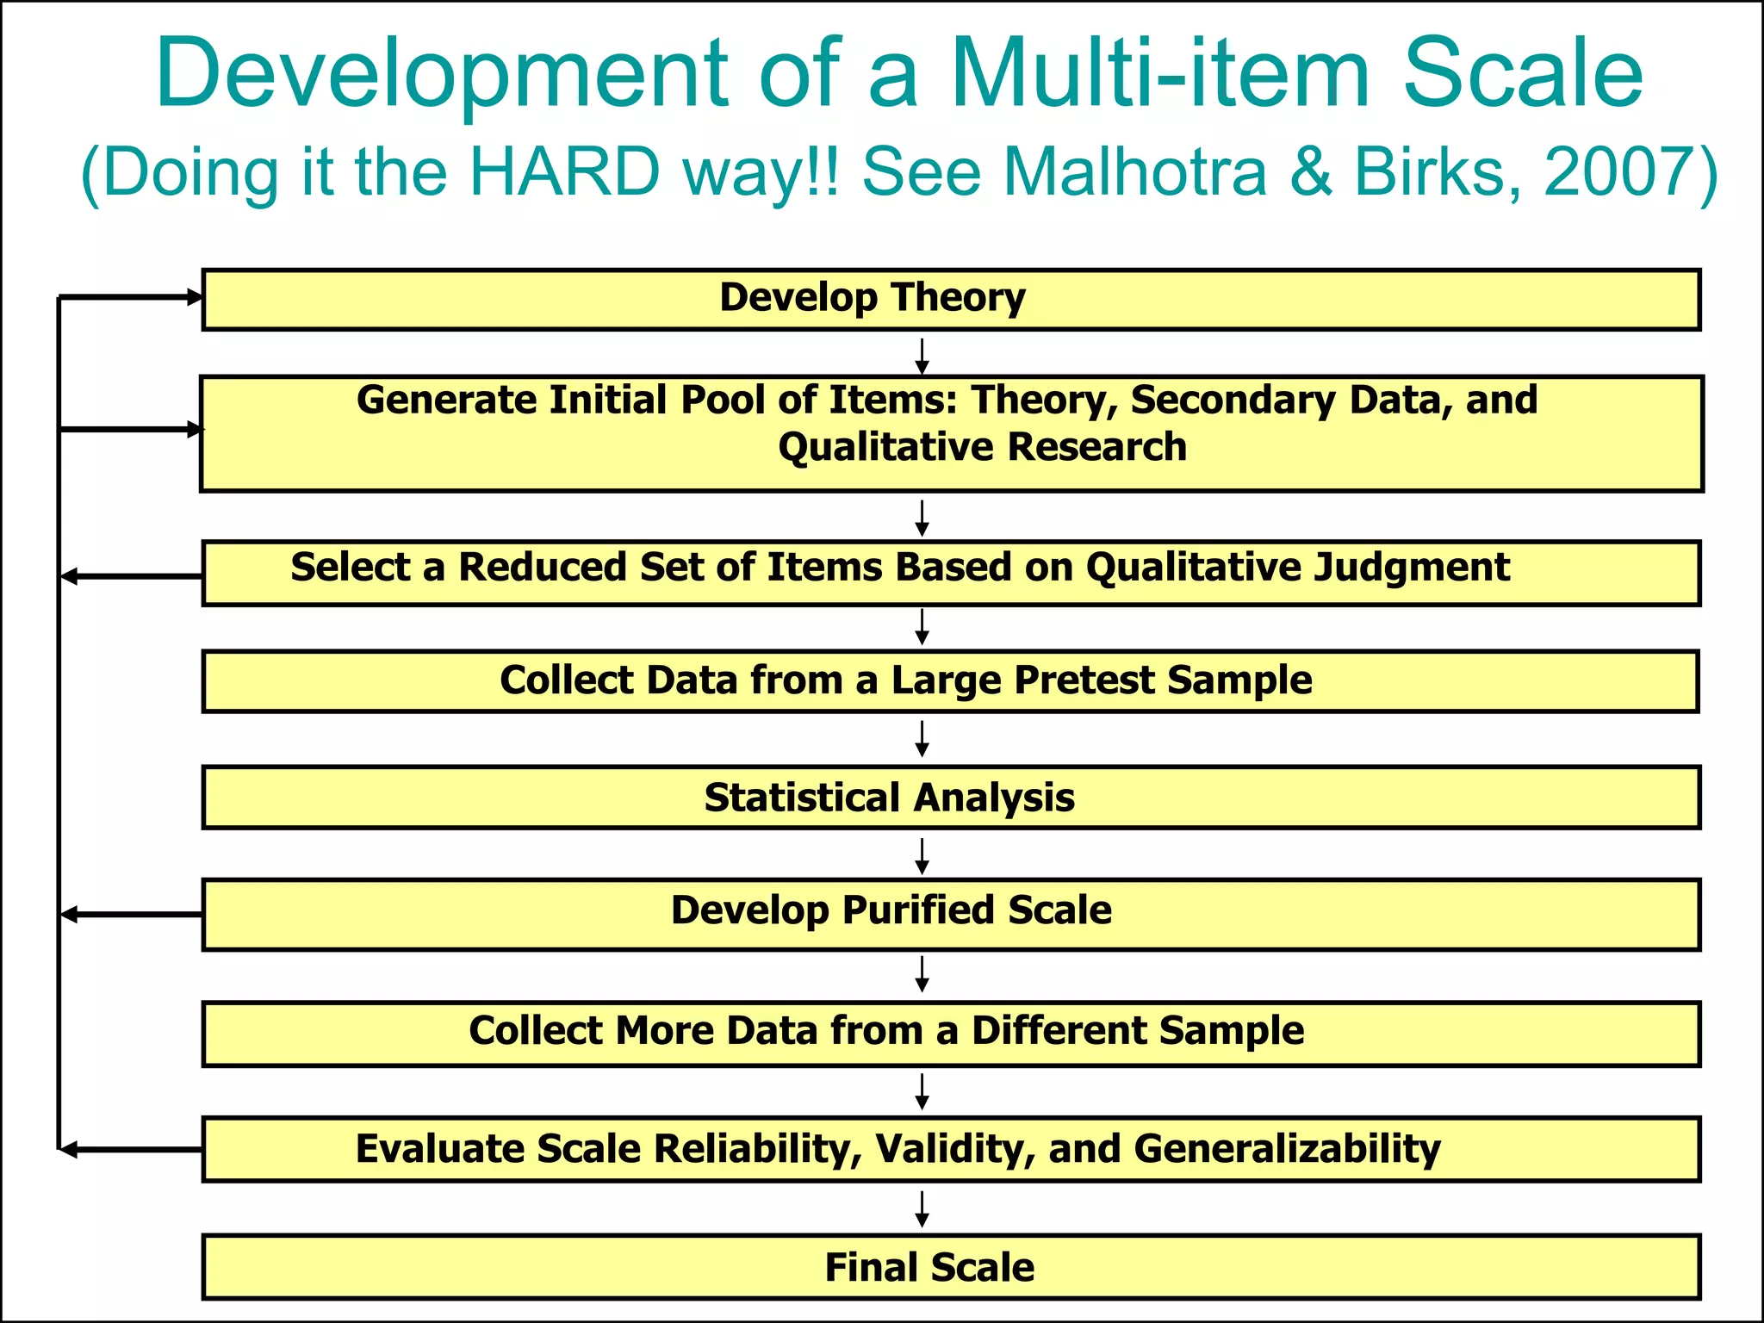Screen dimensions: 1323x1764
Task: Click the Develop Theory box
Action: tap(951, 299)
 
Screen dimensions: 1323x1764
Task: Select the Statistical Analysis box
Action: tap(951, 797)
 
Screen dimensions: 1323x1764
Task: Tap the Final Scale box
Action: tap(951, 1266)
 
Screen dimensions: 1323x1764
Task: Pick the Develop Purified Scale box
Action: tap(951, 913)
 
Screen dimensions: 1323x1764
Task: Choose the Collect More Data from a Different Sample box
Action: tap(951, 1033)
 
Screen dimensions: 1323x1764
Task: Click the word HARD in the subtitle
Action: tap(563, 171)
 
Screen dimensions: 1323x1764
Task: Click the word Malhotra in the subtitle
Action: tap(1135, 171)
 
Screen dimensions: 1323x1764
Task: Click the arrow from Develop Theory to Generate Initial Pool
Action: tap(922, 355)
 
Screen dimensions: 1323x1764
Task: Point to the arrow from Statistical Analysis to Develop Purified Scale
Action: tap(922, 855)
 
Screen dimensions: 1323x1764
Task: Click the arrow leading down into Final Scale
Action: tap(922, 1208)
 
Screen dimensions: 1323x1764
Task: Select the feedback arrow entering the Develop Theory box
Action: tap(129, 297)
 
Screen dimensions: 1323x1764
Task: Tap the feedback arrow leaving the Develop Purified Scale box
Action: tap(129, 914)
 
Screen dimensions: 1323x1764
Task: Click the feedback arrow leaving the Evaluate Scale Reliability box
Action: tap(129, 1149)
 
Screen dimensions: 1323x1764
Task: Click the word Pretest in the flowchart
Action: tap(1084, 680)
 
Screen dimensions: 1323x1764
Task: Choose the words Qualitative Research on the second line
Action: tap(982, 447)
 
